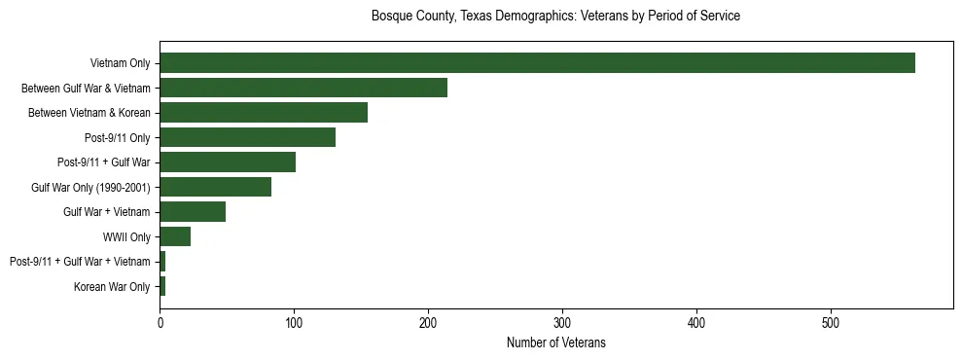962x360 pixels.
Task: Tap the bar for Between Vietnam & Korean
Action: click(264, 113)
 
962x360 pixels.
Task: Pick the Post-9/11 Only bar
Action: click(247, 137)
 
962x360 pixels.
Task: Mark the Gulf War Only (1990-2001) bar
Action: click(215, 187)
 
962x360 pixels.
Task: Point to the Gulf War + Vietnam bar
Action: click(193, 212)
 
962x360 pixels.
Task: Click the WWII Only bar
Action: click(175, 236)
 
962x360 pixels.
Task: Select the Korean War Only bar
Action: click(162, 286)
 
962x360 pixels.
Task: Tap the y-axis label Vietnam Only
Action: click(120, 64)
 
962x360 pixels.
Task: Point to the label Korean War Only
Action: click(112, 287)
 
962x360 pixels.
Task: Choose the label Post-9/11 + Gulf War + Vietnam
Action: click(80, 262)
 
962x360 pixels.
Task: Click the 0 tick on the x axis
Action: click(160, 323)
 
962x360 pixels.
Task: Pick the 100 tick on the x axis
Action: click(294, 323)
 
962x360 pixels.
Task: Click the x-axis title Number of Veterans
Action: click(555, 342)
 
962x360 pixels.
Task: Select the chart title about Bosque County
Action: click(555, 17)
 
